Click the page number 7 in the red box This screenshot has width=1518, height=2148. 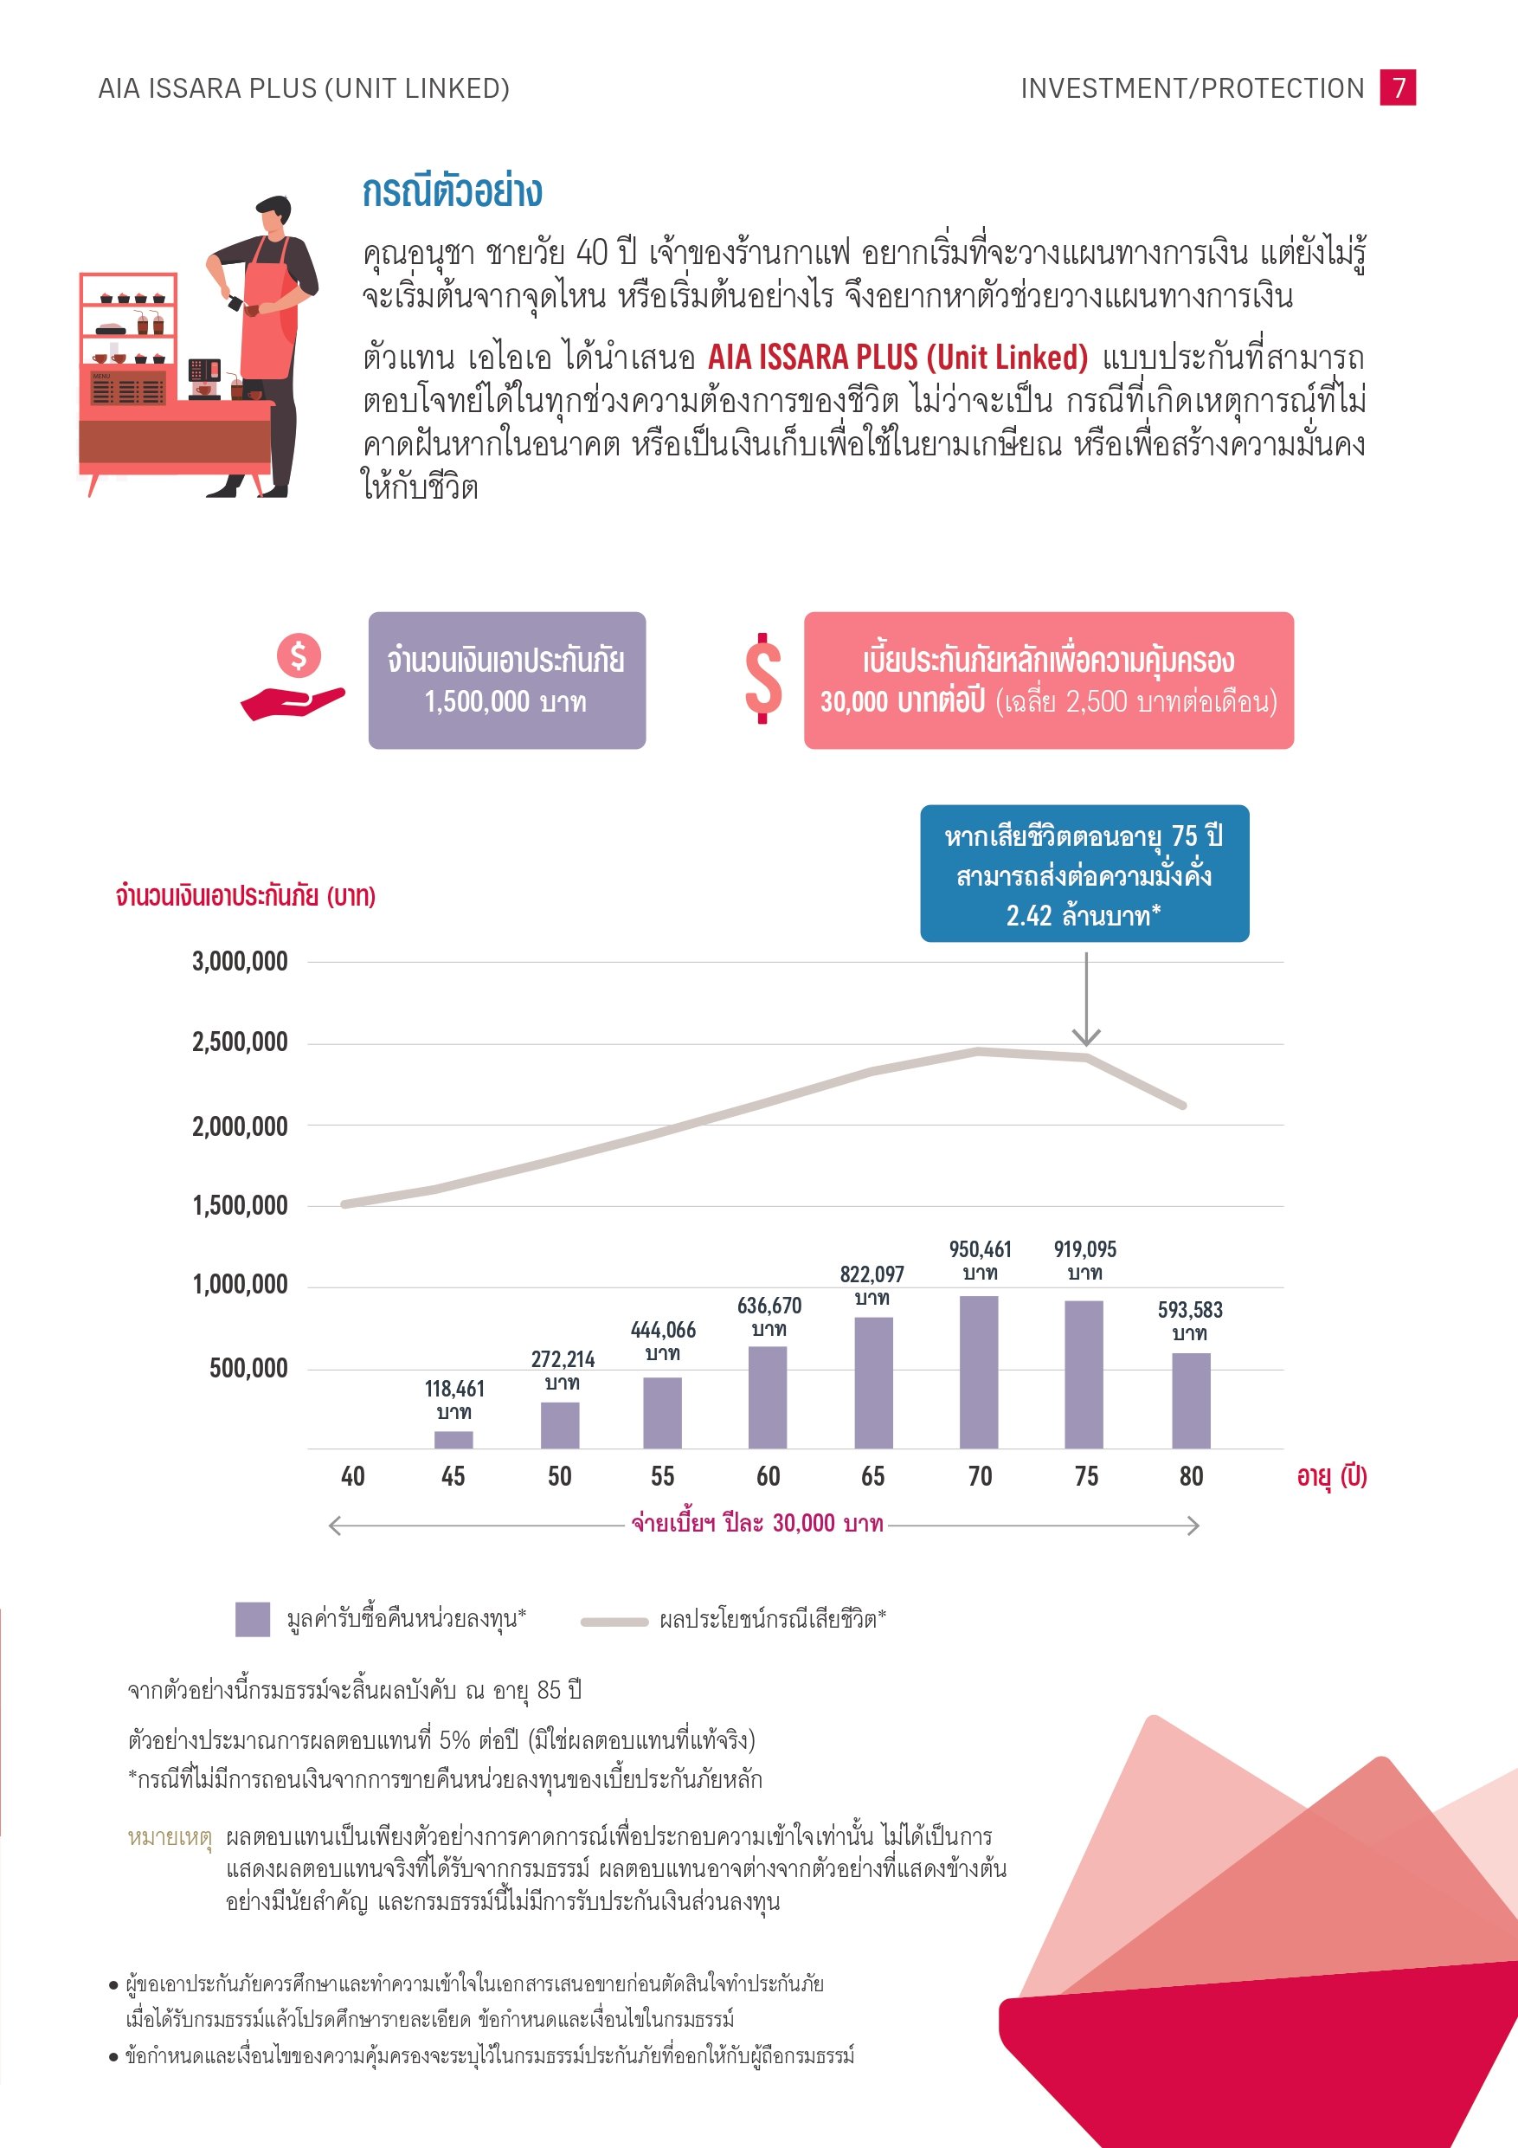coord(1398,88)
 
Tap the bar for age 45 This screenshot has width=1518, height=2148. coord(453,1439)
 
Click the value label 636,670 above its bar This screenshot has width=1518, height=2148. coord(769,1305)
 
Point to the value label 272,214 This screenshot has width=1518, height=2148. coord(563,1359)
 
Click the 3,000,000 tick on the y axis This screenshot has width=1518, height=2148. coord(241,962)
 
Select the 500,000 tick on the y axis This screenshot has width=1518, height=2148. coord(248,1369)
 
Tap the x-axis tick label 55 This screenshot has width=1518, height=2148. coord(662,1476)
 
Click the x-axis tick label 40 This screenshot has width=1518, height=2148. coord(352,1476)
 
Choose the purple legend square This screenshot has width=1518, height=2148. coord(253,1618)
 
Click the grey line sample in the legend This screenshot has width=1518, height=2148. coord(614,1622)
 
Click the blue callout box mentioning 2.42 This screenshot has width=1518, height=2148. coord(1084,873)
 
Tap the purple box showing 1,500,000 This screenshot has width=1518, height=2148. coord(506,681)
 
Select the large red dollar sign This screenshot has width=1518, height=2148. coord(763,679)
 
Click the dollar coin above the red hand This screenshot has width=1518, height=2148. coord(299,655)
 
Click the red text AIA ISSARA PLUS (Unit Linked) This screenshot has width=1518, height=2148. coord(897,358)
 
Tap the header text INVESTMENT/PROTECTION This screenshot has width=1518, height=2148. coord(1192,88)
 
